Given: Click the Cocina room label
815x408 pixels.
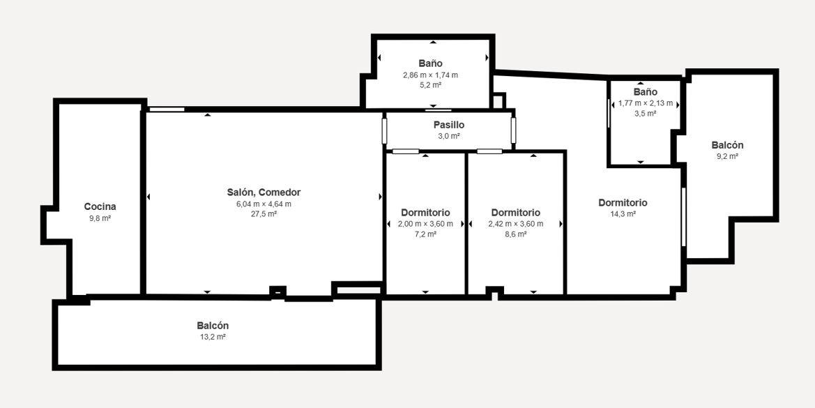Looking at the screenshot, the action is (100, 207).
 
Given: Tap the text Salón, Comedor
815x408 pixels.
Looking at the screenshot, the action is (264, 192).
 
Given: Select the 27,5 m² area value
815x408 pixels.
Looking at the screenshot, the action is (264, 213).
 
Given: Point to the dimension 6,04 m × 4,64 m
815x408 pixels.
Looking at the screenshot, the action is (264, 204).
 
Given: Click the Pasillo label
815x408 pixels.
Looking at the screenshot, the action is (449, 126).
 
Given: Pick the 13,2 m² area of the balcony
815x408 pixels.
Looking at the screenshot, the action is (213, 337).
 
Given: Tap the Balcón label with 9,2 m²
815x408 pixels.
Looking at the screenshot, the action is (727, 146).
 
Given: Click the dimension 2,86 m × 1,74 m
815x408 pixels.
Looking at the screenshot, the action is (430, 75).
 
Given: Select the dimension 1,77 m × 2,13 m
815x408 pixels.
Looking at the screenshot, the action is (646, 103).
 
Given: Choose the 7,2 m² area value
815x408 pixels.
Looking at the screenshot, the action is (425, 234).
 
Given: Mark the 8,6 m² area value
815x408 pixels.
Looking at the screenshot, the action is (516, 234).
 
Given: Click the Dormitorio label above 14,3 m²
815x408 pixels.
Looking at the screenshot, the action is (623, 203).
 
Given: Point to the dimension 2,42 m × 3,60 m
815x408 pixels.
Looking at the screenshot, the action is (516, 224).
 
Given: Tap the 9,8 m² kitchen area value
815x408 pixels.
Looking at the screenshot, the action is (100, 218).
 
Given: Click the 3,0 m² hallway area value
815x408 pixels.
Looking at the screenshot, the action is (449, 136).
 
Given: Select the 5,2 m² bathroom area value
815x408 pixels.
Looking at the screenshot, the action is (430, 85).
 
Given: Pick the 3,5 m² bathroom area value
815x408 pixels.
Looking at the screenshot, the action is (646, 114).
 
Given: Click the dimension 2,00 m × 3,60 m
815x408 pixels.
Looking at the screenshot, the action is (425, 224).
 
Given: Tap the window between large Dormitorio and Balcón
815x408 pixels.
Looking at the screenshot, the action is (683, 217).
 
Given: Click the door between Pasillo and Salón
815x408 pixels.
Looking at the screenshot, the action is (385, 131).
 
